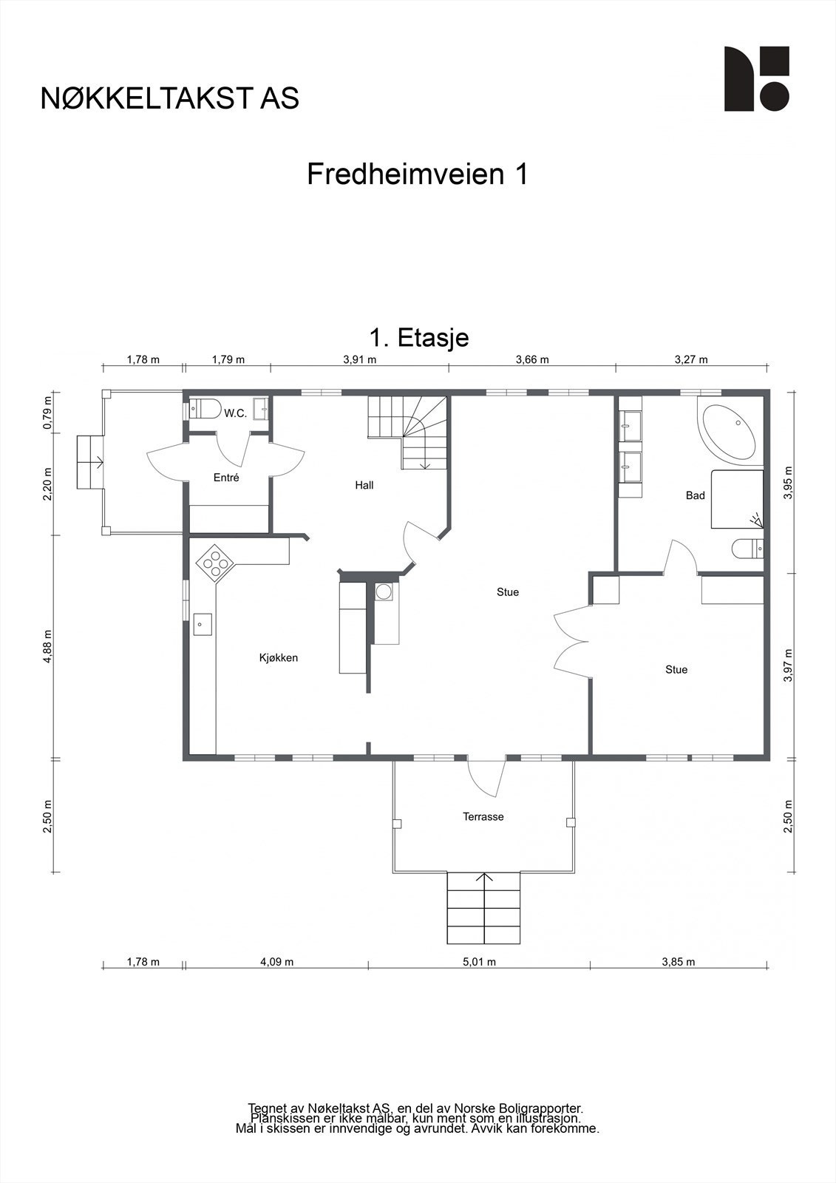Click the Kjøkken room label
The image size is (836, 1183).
[x=278, y=657]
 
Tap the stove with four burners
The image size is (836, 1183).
[x=215, y=562]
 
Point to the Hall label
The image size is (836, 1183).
[x=364, y=485]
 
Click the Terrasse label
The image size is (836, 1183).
[x=483, y=816]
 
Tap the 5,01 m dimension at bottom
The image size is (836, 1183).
[x=479, y=962]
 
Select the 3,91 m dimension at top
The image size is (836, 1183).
[x=360, y=360]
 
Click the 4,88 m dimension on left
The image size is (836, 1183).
[x=48, y=647]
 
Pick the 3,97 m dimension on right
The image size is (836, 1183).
[x=788, y=665]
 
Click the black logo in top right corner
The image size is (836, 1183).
[x=756, y=79]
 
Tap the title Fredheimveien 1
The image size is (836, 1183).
[x=417, y=174]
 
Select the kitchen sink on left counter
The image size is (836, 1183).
[x=203, y=624]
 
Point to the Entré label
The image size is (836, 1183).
[x=226, y=478]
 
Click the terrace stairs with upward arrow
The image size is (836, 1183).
[x=484, y=908]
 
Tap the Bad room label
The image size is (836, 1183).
[x=695, y=495]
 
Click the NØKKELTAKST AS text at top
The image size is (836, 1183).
[x=170, y=98]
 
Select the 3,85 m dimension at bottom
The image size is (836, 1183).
[x=679, y=962]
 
